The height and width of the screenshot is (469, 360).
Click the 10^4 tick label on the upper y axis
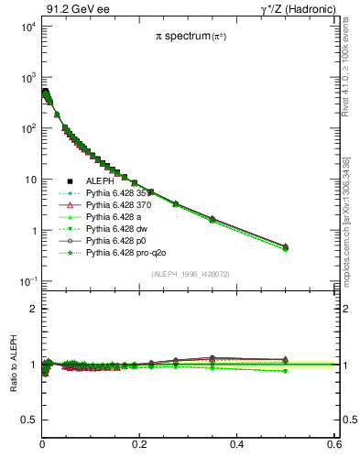coord(27,27)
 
